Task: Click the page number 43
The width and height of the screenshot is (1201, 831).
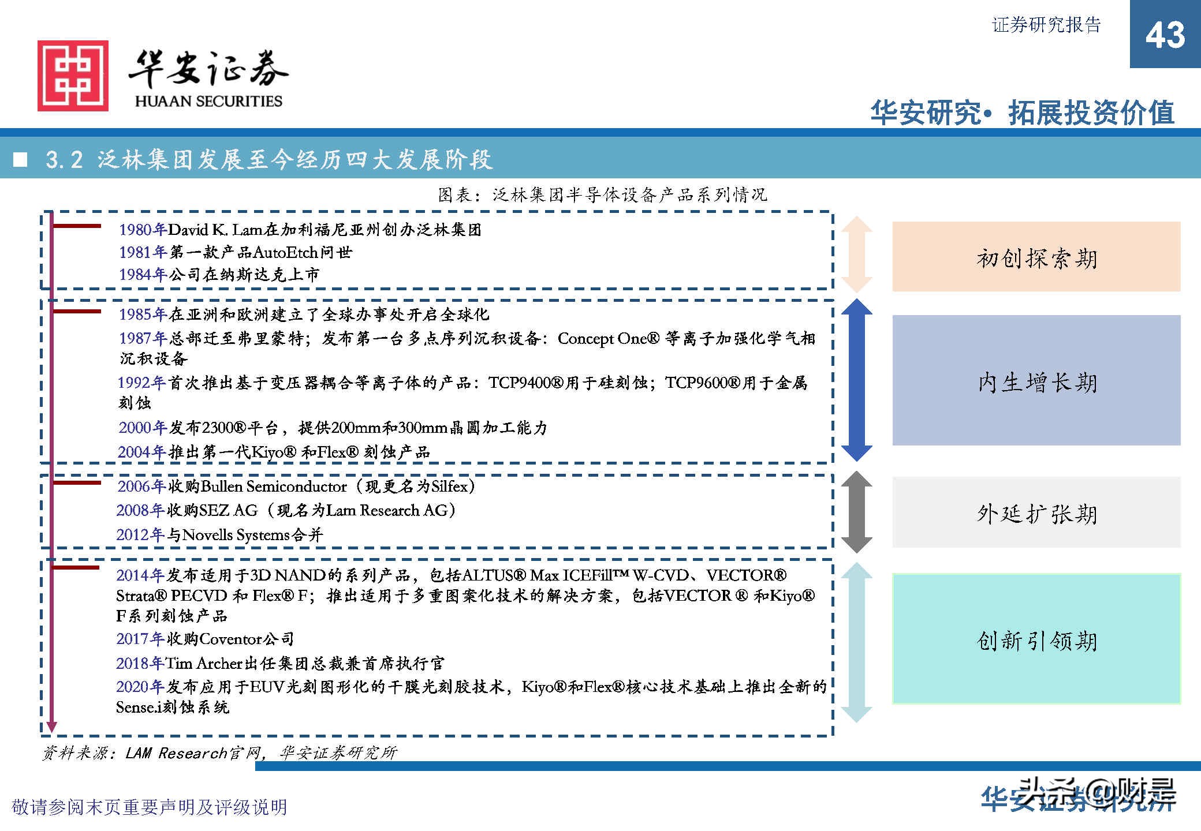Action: (x=1165, y=35)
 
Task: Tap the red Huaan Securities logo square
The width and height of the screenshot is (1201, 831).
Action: (x=73, y=76)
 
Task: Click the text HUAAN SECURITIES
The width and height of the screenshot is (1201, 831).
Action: (x=208, y=101)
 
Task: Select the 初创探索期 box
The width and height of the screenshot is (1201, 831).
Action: (x=1036, y=257)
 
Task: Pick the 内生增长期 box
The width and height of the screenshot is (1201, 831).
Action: (x=1036, y=380)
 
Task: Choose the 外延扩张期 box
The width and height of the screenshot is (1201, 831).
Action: (x=1036, y=512)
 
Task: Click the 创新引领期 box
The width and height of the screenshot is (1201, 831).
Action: (x=1036, y=639)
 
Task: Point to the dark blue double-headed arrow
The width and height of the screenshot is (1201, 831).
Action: (x=856, y=380)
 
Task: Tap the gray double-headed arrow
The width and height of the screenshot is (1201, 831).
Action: (x=856, y=512)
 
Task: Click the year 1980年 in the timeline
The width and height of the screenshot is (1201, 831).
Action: (x=143, y=230)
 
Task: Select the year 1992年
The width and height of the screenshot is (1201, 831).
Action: (x=141, y=383)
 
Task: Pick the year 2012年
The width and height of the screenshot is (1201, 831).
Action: (x=140, y=535)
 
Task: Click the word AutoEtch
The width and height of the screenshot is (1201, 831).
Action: (x=285, y=252)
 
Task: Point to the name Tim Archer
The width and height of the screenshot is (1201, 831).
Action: (x=204, y=663)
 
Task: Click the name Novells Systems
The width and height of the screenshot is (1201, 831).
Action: (x=236, y=535)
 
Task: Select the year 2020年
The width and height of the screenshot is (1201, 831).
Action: (x=140, y=687)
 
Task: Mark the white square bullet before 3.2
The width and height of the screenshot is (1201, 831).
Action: (x=21, y=159)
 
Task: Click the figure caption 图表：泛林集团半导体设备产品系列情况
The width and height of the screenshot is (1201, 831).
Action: (x=602, y=195)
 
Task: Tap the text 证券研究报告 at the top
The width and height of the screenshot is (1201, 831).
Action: (x=1046, y=25)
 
